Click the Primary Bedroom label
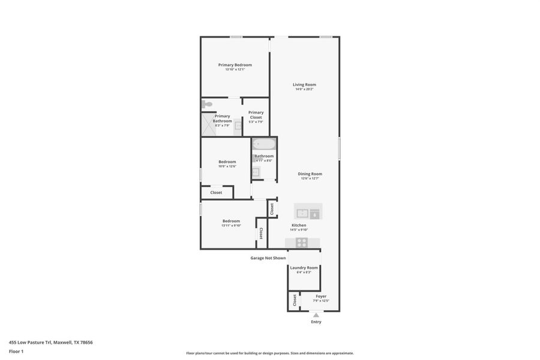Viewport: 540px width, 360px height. [235, 65]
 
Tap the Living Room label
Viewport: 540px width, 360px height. [304, 85]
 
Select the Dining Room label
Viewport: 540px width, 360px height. [310, 174]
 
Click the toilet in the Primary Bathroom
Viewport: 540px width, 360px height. [207, 104]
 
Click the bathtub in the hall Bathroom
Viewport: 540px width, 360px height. [263, 144]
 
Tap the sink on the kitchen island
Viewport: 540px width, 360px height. [302, 212]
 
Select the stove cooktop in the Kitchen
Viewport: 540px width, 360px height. [302, 242]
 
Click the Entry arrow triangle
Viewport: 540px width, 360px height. [316, 314]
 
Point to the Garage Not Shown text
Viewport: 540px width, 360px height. [268, 258]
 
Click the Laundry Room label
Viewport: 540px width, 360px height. [304, 268]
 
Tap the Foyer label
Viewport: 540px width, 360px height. [321, 296]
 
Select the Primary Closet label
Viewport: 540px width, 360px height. [256, 115]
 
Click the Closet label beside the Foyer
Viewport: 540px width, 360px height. [295, 300]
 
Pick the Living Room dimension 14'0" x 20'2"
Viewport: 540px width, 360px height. [304, 89]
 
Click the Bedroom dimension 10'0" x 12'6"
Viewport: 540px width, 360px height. [227, 166]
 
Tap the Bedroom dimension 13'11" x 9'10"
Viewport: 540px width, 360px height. [231, 226]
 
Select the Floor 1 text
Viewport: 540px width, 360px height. [16, 352]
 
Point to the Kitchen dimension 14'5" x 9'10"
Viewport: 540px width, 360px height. [299, 230]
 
